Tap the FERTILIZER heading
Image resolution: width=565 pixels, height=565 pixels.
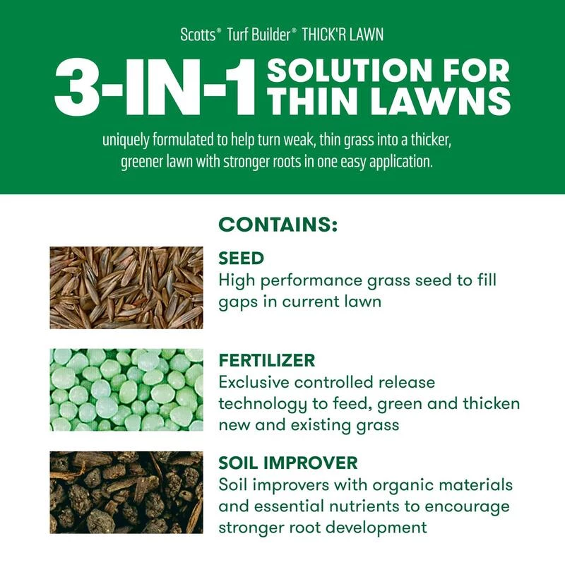pyautogui.click(x=267, y=360)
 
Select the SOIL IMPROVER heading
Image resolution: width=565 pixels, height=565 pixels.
pyautogui.click(x=288, y=463)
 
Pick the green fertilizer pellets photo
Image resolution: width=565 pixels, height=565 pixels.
pyautogui.click(x=126, y=389)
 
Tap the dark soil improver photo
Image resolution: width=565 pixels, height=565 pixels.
pyautogui.click(x=126, y=492)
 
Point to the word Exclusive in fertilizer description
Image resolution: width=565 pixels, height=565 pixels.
pyautogui.click(x=255, y=383)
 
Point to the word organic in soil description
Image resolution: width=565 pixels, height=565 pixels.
pyautogui.click(x=388, y=487)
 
